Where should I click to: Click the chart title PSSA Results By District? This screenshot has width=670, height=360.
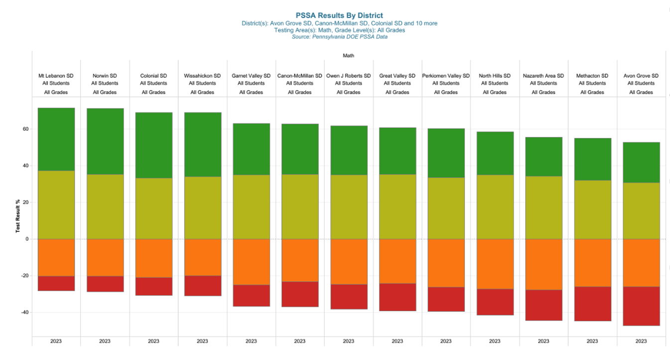[339, 15]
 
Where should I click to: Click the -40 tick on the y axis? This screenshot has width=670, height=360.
[25, 312]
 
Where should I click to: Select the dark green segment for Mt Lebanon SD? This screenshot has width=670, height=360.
[56, 139]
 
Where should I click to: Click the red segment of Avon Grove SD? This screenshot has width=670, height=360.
[642, 306]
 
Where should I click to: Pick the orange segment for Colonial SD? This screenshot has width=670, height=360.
[154, 258]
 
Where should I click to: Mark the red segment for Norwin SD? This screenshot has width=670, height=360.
[105, 284]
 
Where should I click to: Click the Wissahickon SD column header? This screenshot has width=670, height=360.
[203, 76]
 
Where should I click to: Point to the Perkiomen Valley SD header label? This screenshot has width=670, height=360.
[446, 76]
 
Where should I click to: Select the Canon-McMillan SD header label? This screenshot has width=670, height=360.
[300, 76]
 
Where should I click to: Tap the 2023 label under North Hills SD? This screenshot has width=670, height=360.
[495, 341]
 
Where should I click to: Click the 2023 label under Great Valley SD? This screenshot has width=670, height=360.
[397, 341]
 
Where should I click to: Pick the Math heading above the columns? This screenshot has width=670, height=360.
[348, 56]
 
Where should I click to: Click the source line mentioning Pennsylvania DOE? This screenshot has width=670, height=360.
[339, 37]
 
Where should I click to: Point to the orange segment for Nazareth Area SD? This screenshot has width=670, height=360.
[544, 264]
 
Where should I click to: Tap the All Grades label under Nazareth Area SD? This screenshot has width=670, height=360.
[544, 92]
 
